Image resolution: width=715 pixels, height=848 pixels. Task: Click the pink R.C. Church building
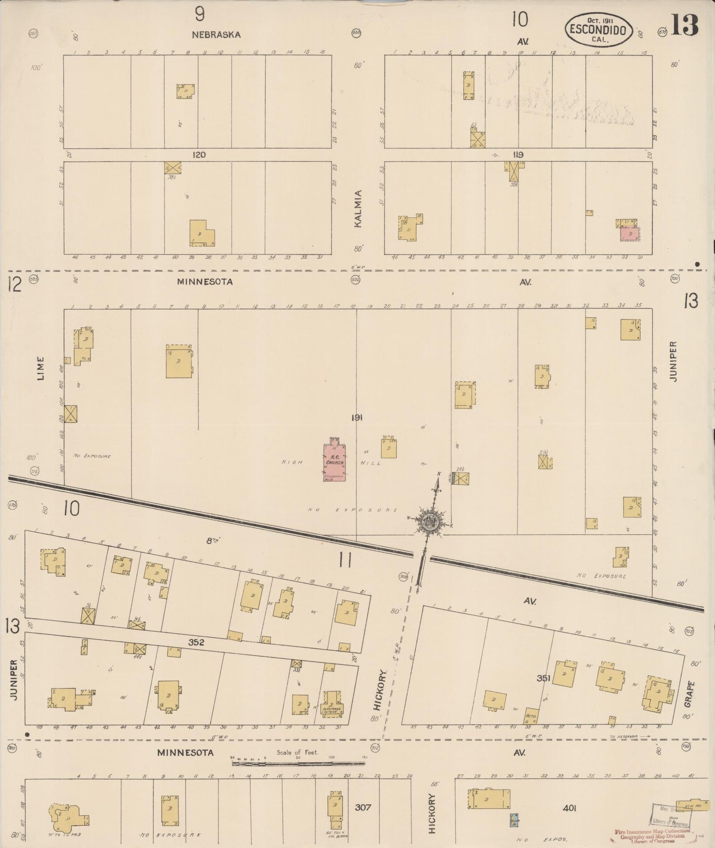tap(334, 462)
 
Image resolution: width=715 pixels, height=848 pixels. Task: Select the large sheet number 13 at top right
tap(684, 25)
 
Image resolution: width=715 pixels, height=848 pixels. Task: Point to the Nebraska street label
tap(216, 35)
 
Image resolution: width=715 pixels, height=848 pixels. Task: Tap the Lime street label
tap(41, 369)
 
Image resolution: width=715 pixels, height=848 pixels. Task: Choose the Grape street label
tap(691, 693)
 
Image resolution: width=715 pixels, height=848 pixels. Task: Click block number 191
tap(357, 418)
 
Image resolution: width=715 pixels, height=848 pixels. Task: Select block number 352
tap(196, 643)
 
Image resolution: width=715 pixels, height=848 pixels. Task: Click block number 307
tap(363, 807)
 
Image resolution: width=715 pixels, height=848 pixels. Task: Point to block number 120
tap(199, 155)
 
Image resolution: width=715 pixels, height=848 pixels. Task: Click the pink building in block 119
tap(629, 234)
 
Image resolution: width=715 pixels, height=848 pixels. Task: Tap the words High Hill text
tap(332, 463)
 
